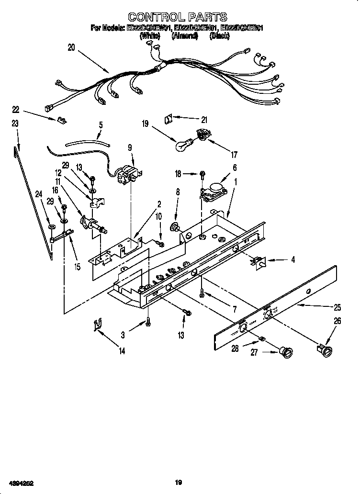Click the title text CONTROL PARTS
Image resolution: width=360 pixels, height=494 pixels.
[178, 18]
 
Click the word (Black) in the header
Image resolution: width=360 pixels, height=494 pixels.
[220, 36]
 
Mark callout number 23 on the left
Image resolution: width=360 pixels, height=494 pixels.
[15, 123]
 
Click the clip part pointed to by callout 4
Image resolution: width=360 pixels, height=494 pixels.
[259, 261]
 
